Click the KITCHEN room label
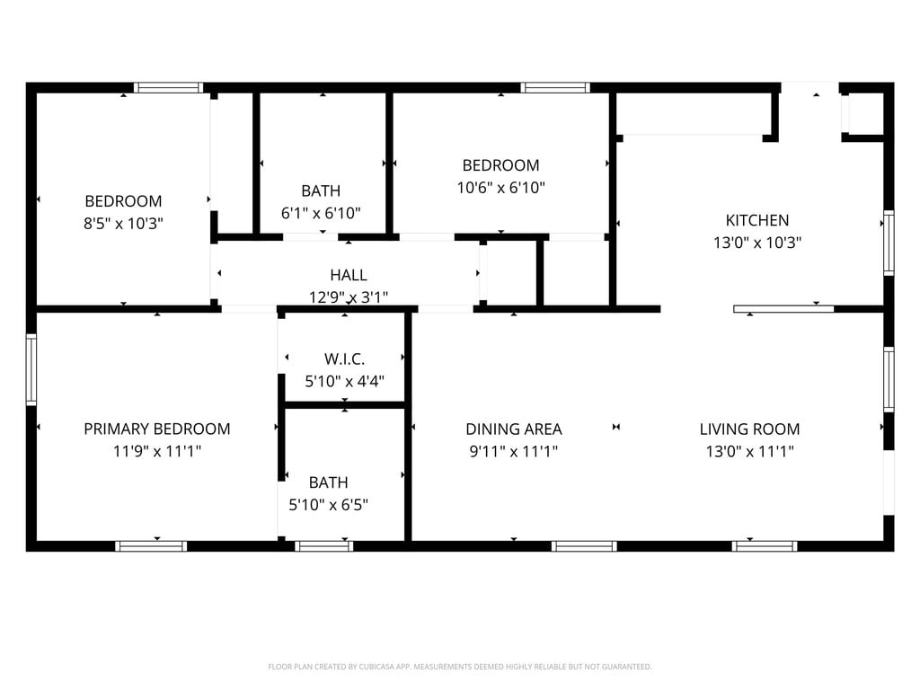(x=756, y=221)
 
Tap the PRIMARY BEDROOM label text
(x=157, y=429)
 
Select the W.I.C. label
(x=344, y=359)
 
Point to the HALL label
(x=349, y=275)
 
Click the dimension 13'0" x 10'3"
(x=757, y=243)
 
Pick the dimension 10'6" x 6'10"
(x=501, y=188)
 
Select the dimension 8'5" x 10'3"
(x=123, y=224)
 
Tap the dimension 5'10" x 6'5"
(x=329, y=505)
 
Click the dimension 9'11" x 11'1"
(x=514, y=451)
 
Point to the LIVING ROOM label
(x=750, y=429)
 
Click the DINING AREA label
(x=514, y=429)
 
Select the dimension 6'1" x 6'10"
(x=321, y=214)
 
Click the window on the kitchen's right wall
(x=889, y=243)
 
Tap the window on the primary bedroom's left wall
(x=31, y=369)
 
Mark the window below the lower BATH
(x=323, y=546)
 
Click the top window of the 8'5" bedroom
(x=168, y=88)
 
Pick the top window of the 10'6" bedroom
(x=555, y=88)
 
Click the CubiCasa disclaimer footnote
(x=460, y=667)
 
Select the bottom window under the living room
(x=765, y=546)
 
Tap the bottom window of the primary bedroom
(x=151, y=546)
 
